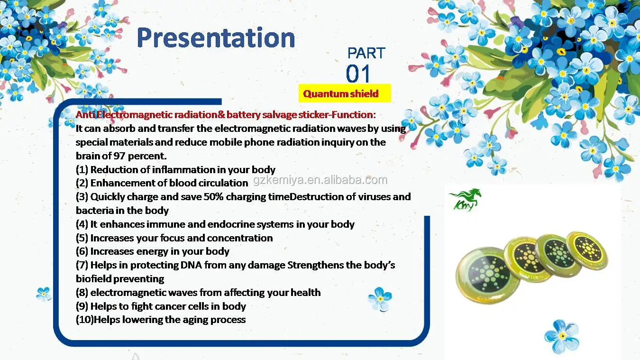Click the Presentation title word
pos(216,38)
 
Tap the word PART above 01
pos(366,53)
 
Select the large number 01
pos(358,74)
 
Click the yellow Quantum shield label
pos(345,93)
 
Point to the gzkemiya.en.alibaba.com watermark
pos(320,180)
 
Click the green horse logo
pos(465,200)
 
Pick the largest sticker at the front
pos(487,275)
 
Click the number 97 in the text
pos(119,156)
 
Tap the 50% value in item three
pos(214,197)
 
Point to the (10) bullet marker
pos(85,320)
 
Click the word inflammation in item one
pos(183,169)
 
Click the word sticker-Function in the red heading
pos(337,115)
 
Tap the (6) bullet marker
pos(82,251)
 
